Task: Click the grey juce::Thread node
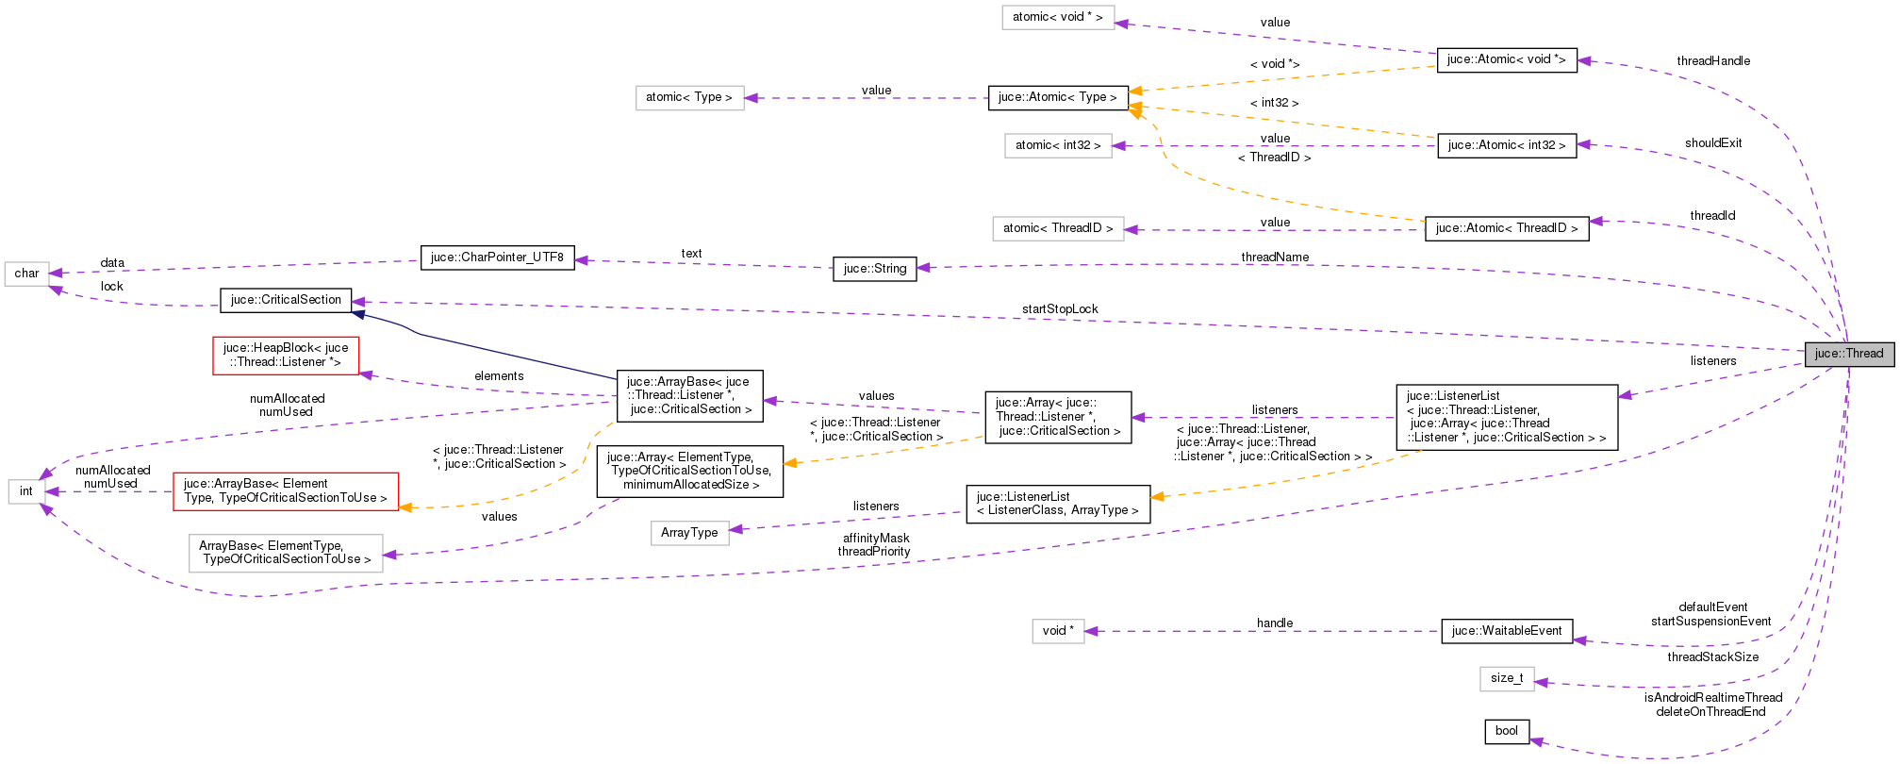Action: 1848,354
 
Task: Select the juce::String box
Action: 874,269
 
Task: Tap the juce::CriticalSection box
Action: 286,300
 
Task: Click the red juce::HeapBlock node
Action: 286,355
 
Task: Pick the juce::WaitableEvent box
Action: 1506,631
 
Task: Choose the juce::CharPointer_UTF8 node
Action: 497,257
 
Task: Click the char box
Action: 26,274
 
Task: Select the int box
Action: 26,491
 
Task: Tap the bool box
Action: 1506,731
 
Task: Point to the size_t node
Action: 1506,678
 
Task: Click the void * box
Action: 1058,631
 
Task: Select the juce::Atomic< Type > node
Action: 1057,97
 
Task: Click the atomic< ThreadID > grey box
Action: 1057,228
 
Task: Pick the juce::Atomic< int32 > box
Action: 1506,145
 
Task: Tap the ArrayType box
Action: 689,533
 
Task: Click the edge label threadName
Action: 1274,257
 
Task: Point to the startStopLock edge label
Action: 1059,309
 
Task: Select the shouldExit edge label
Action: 1712,143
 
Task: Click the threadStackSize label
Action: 1711,657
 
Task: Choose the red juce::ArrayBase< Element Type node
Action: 285,490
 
